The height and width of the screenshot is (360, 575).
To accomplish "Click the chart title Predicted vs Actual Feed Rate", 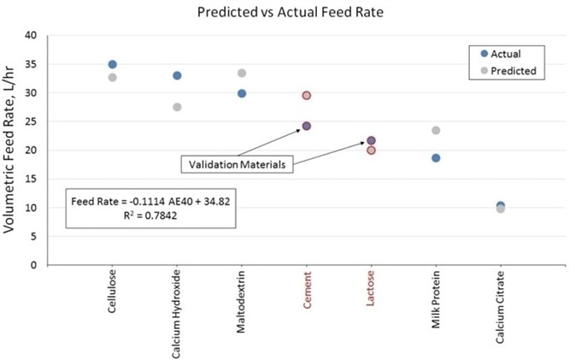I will tap(287, 13).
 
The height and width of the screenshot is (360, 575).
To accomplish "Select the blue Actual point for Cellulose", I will tap(112, 64).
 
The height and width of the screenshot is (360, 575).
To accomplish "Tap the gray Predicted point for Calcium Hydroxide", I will tap(177, 107).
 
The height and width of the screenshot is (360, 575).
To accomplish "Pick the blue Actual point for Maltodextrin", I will tap(242, 93).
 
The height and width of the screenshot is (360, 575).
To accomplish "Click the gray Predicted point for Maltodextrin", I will tap(242, 74).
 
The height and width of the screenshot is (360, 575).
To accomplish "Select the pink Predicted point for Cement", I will tap(306, 96).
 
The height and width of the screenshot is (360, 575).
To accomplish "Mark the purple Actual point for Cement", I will tap(306, 126).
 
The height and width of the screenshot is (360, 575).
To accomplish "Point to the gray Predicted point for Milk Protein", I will tap(436, 130).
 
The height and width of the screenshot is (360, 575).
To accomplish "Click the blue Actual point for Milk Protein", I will tap(436, 158).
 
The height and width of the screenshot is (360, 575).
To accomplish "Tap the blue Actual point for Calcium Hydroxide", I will tap(177, 75).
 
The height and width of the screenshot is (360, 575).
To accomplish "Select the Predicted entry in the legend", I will tap(510, 71).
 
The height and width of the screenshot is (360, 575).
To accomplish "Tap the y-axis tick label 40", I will tap(32, 35).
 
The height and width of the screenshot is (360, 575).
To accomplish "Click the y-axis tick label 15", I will tap(32, 179).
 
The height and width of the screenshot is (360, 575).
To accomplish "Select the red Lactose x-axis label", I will tap(372, 294).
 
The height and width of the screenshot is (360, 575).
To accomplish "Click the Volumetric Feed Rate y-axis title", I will tap(13, 150).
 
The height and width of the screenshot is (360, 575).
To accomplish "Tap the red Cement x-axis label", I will tap(307, 293).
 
